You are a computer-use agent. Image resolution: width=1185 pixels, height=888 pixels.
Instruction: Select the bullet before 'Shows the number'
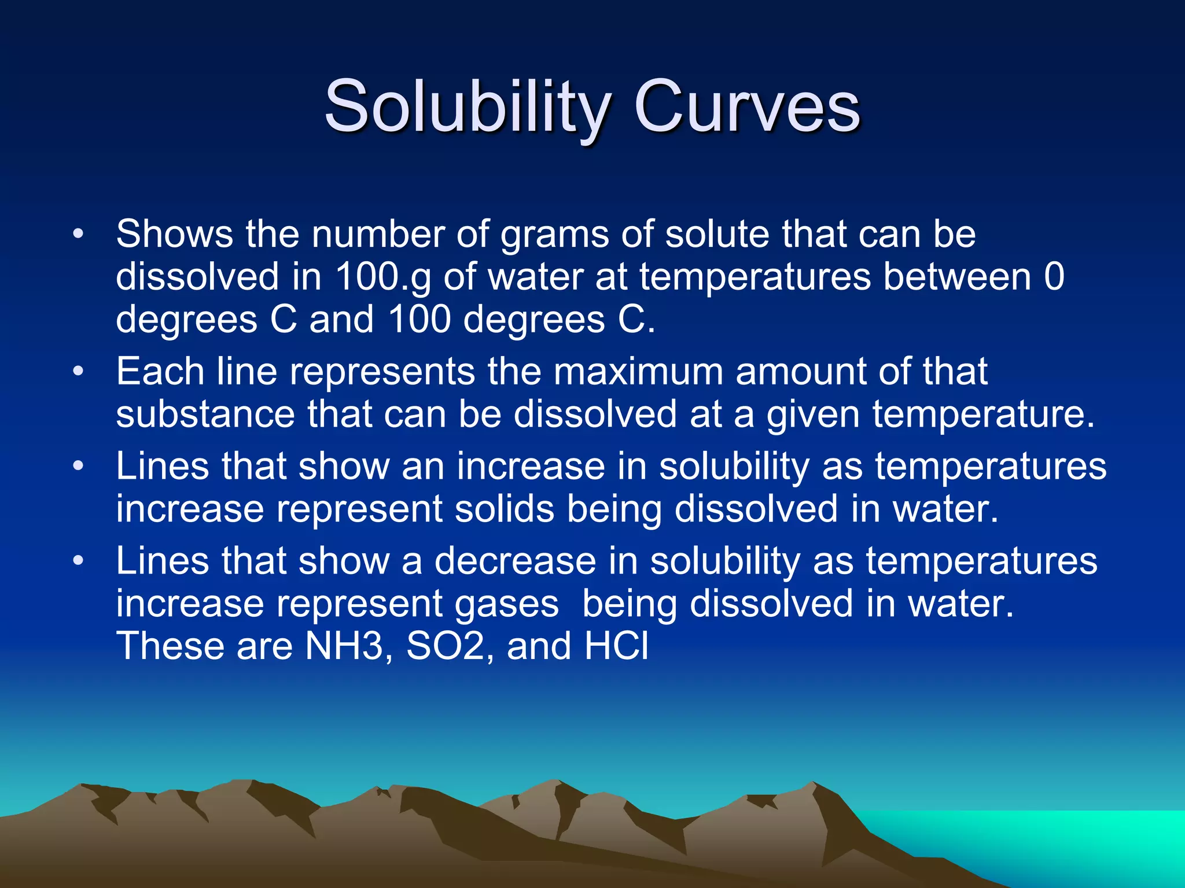(79, 235)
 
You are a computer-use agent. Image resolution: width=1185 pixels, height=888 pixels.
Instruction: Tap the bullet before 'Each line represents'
(79, 372)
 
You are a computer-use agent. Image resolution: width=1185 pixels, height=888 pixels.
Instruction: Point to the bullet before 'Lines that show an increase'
(79, 466)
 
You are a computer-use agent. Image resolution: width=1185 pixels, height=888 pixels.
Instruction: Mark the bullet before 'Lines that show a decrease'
(79, 561)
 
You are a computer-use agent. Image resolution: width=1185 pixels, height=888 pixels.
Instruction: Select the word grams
(554, 235)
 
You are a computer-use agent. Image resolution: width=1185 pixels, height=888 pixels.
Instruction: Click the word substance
(205, 415)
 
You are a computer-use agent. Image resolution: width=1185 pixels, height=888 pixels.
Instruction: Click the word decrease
(515, 561)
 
